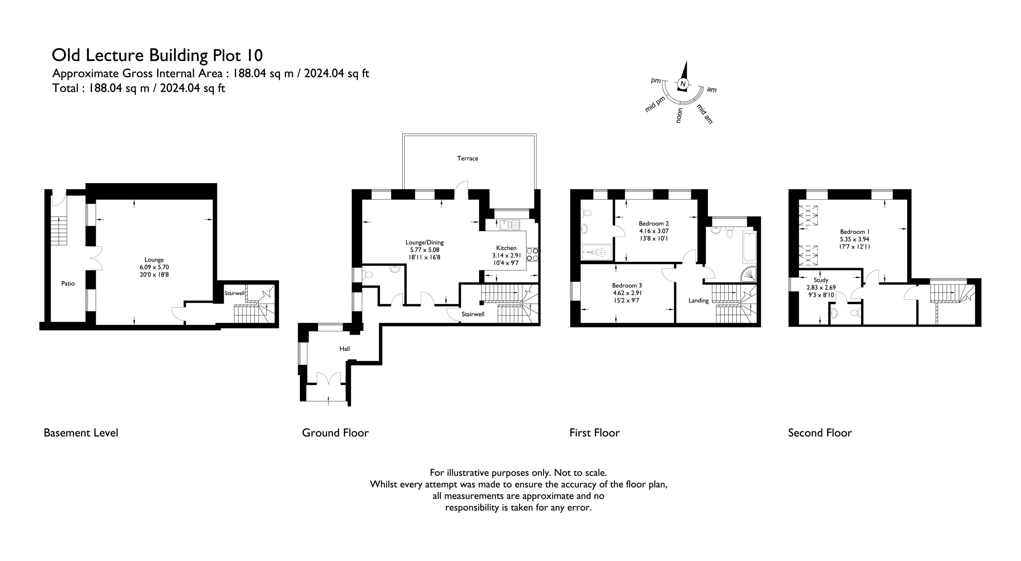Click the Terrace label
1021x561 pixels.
[467, 158]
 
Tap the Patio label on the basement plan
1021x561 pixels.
[68, 284]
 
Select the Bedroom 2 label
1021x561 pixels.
[654, 223]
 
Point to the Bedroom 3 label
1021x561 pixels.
[627, 285]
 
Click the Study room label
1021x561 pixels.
[821, 280]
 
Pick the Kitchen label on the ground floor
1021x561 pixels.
[506, 248]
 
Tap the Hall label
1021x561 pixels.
[345, 349]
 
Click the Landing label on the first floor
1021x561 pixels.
[698, 301]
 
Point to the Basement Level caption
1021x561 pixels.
[81, 433]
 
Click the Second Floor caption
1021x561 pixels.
[820, 433]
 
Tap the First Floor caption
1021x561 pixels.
[595, 433]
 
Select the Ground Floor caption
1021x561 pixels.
[335, 433]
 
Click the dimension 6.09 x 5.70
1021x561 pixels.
[154, 267]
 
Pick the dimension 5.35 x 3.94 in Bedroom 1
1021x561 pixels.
[855, 239]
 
